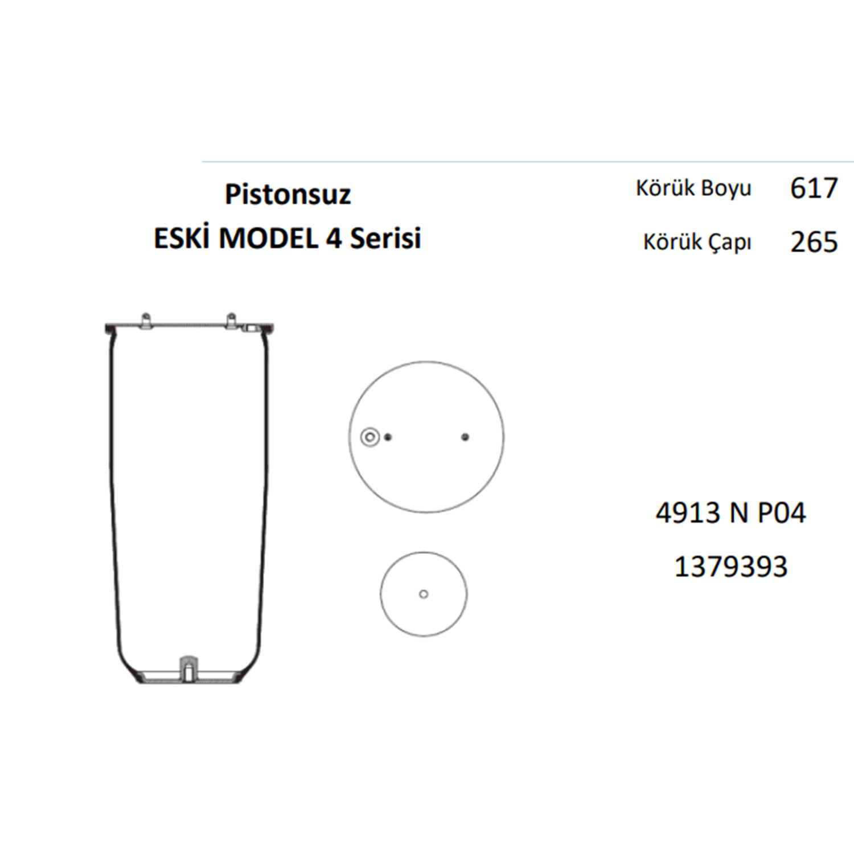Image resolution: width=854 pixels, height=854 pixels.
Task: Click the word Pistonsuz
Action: (288, 195)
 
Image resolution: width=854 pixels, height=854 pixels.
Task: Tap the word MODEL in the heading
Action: (268, 238)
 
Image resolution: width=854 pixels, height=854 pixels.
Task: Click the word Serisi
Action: (385, 238)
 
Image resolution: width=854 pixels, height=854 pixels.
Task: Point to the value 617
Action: (814, 188)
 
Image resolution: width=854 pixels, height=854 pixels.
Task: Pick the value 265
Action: (814, 242)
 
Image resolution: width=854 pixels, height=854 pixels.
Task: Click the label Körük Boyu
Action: (693, 188)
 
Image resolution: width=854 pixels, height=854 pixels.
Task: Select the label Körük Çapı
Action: (697, 242)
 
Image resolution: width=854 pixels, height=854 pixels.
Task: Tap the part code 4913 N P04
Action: (731, 513)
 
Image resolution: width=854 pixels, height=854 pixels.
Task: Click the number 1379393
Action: (731, 567)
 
